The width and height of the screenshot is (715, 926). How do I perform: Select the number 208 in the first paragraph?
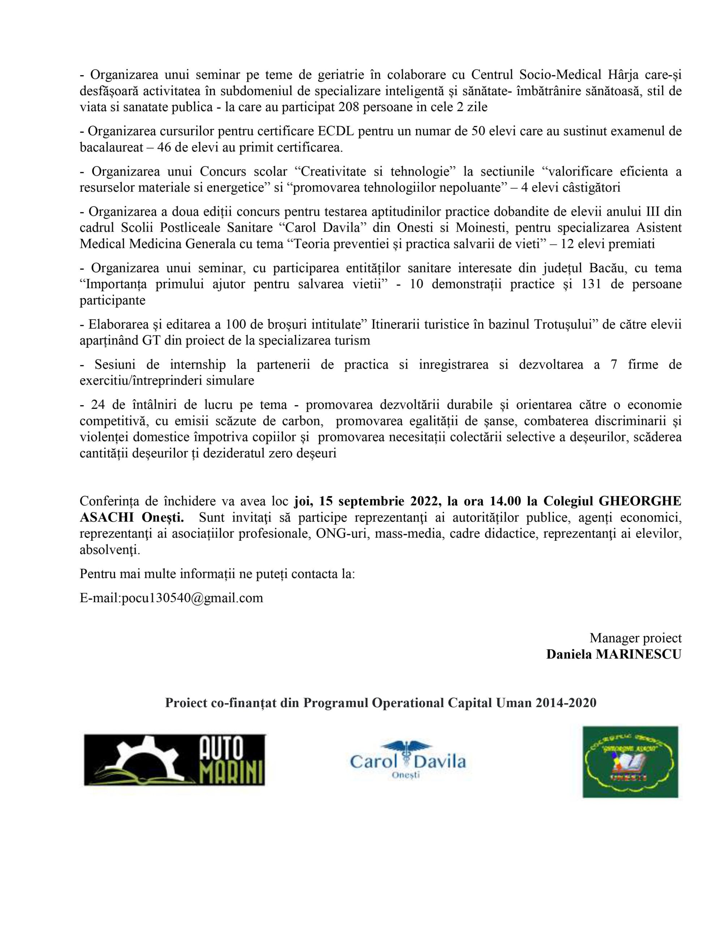point(350,107)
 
